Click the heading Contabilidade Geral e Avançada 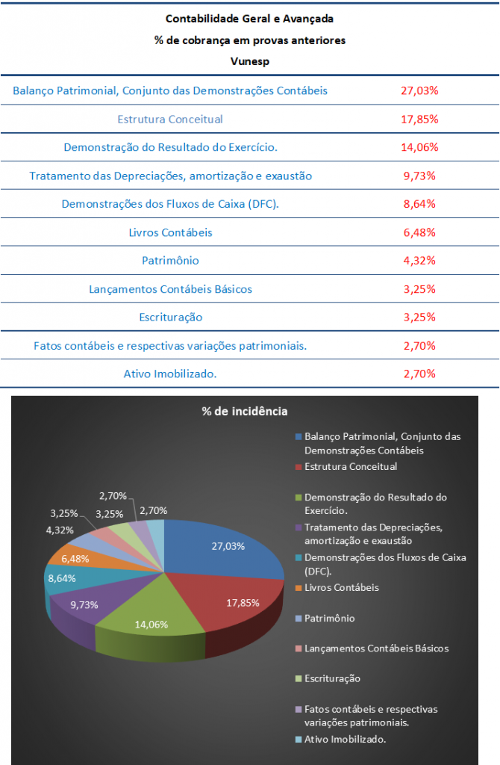pyautogui.click(x=249, y=18)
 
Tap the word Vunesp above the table pyautogui.click(x=249, y=61)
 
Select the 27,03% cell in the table pyautogui.click(x=419, y=90)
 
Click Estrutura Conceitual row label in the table pyautogui.click(x=170, y=119)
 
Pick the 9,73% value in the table pyautogui.click(x=419, y=176)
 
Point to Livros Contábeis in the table pyautogui.click(x=170, y=232)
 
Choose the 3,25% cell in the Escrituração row pyautogui.click(x=419, y=317)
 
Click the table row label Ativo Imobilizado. pyautogui.click(x=170, y=374)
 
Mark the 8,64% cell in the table pyautogui.click(x=419, y=204)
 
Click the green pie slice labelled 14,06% pyautogui.click(x=149, y=620)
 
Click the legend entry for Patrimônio pyautogui.click(x=329, y=619)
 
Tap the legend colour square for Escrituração pyautogui.click(x=299, y=679)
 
